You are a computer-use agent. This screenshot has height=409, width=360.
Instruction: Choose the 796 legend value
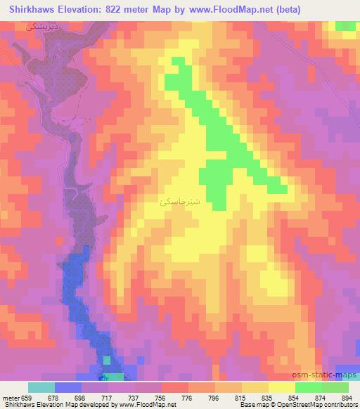pyautogui.click(x=215, y=397)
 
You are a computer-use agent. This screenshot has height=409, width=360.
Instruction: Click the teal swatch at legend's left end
pyautogui.click(x=41, y=387)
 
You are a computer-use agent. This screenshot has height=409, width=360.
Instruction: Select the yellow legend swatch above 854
pyautogui.click(x=282, y=387)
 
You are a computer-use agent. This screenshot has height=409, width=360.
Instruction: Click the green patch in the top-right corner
pyautogui.click(x=345, y=26)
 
